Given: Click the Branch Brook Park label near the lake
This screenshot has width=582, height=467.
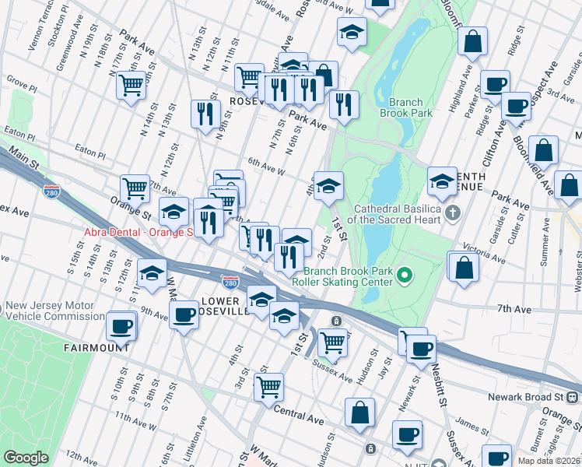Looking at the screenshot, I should point(401,107).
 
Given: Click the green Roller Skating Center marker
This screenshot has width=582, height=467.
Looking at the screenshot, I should point(403,275).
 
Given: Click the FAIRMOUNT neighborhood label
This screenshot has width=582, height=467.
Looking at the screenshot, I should point(96,348).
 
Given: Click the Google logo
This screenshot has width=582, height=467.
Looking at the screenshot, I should point(26,458).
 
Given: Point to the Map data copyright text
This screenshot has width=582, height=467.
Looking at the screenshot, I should point(548,461).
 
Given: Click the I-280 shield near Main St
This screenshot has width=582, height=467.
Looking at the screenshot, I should point(51,190).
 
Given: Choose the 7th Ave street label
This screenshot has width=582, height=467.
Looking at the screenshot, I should point(514,309).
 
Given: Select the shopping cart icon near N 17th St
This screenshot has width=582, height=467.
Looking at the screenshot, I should point(131,84).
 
